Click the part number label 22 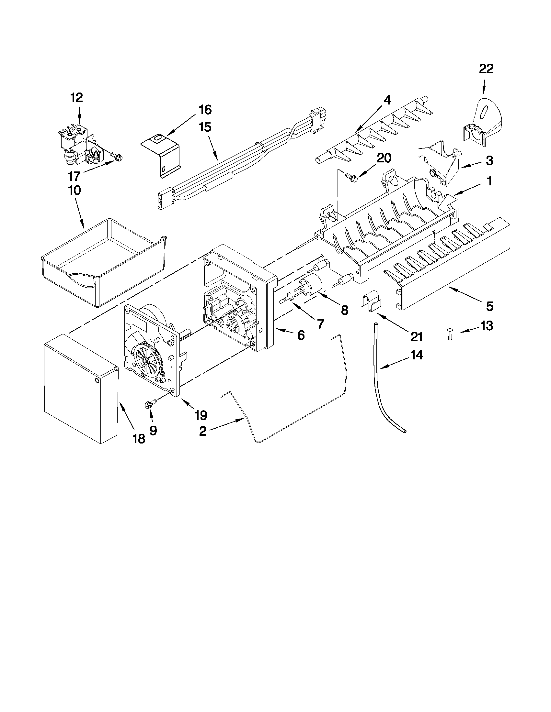pos(486,69)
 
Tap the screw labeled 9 pos(147,405)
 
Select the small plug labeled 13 pos(450,334)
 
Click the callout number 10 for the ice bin pos(75,191)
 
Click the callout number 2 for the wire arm pos(202,431)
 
